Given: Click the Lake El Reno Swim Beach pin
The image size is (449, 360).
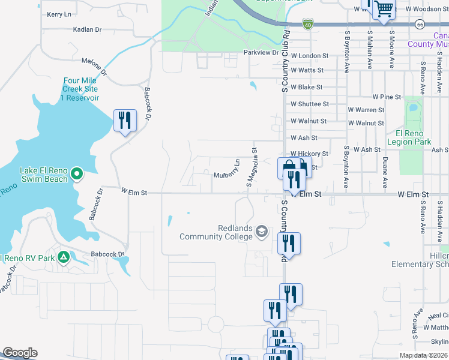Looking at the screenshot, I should (76, 174).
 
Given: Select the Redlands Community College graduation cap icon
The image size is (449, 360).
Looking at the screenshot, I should (261, 231).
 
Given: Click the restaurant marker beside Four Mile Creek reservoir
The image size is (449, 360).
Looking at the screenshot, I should (125, 121).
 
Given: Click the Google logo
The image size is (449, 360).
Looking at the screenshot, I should (19, 353).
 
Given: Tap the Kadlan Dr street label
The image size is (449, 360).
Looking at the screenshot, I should (87, 29).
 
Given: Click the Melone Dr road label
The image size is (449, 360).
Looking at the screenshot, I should (94, 67).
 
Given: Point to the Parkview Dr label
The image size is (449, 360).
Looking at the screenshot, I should (262, 53).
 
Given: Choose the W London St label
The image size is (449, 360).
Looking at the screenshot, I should (310, 55).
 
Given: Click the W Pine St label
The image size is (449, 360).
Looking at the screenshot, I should (387, 96).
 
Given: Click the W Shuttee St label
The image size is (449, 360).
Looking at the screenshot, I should (310, 104).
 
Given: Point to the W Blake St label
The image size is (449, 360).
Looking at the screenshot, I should (307, 87).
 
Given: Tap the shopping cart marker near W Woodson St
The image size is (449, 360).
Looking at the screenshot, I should (384, 8).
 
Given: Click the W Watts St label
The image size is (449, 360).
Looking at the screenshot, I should (307, 70).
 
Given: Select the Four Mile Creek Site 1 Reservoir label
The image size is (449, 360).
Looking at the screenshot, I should (80, 89).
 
